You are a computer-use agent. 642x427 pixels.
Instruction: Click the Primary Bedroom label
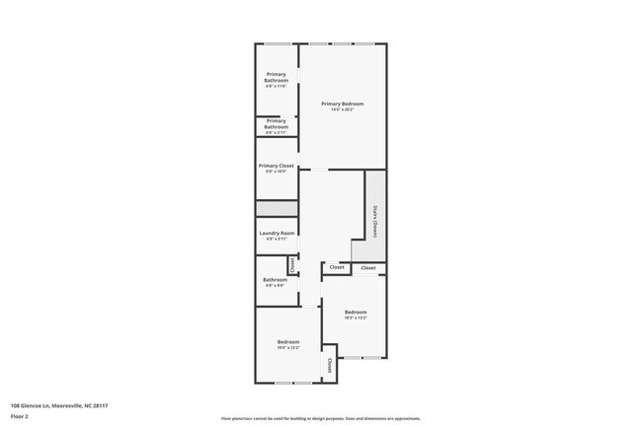point(343,104)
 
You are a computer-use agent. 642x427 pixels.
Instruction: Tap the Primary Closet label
point(277,166)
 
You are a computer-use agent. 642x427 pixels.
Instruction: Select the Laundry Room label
point(277,233)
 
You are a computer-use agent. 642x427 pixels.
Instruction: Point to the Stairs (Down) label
point(375,221)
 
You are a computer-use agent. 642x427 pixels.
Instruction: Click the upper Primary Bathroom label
point(277,77)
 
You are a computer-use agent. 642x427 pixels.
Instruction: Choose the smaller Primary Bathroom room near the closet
point(277,124)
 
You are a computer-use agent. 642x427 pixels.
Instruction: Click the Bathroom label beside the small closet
point(275,279)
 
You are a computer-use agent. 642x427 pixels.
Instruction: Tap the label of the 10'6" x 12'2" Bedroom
point(288,342)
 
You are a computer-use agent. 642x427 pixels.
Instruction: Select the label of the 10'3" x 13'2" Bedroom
point(356,311)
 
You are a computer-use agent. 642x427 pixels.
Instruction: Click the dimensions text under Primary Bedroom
point(343,109)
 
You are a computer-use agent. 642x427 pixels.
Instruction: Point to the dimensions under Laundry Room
point(277,239)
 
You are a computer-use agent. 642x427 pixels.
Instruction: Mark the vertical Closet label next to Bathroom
point(292,264)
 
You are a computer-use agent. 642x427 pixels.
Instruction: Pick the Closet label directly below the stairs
point(367,267)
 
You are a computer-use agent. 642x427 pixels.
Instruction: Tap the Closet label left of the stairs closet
point(337,266)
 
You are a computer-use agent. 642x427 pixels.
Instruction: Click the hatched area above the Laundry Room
point(277,208)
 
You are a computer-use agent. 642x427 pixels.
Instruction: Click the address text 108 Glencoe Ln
point(58,404)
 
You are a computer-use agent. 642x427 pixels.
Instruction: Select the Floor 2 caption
point(20,415)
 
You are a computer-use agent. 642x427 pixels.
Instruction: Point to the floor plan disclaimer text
point(320,419)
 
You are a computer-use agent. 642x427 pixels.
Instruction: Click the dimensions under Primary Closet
point(277,172)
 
